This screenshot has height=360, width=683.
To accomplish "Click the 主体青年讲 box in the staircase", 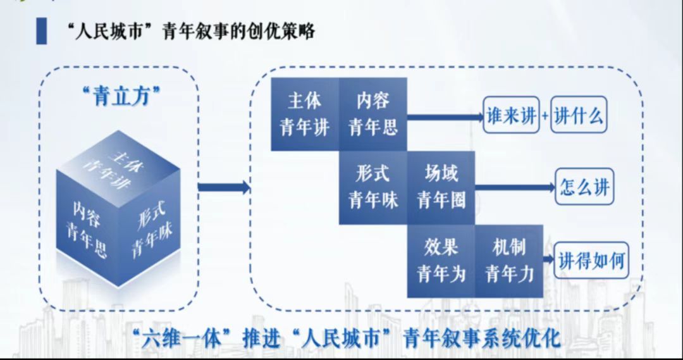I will click(x=304, y=115).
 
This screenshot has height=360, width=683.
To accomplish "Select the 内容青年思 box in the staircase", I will click(x=372, y=115).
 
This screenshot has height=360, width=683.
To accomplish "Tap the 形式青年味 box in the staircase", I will click(x=372, y=187).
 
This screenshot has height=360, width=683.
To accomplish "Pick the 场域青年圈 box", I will click(x=441, y=187).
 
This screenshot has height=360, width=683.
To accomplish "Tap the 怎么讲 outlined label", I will click(x=584, y=187).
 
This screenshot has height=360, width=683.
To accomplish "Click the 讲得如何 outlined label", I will click(x=592, y=261).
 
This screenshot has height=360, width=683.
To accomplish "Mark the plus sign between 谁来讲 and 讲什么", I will click(x=545, y=117).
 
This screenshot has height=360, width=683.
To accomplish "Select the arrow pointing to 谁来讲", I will click(x=445, y=117).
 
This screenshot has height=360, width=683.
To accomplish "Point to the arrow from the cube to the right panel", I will click(x=223, y=187).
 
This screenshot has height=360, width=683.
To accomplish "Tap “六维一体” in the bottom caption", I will click(x=178, y=337).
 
